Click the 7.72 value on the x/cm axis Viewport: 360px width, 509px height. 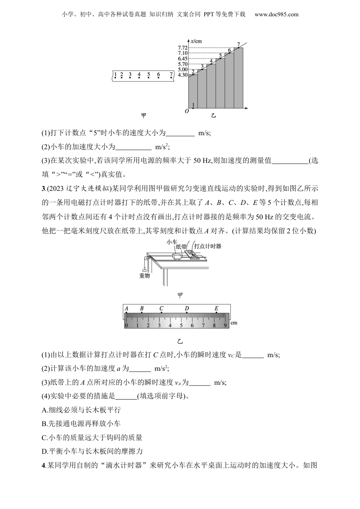click(183, 48)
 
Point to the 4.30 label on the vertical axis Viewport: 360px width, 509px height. click(183, 75)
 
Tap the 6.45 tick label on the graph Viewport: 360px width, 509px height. click(183, 59)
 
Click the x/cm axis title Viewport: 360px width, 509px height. click(196, 41)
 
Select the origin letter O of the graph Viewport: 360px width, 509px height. click(186, 111)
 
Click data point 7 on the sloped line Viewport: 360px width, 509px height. click(238, 47)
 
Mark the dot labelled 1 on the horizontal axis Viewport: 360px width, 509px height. click(193, 108)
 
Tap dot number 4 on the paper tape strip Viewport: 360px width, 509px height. click(139, 78)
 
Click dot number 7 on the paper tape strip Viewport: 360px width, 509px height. click(171, 78)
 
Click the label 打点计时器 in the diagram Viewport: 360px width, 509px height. click(208, 246)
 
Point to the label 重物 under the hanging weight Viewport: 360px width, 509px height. click(144, 276)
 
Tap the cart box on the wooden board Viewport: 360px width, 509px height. click(177, 256)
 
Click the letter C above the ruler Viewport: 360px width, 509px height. click(161, 308)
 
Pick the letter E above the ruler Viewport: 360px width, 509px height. click(216, 308)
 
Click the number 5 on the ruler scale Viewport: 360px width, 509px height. click(181, 325)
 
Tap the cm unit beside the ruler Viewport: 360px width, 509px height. click(234, 323)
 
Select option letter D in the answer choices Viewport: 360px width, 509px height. click(44, 451)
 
